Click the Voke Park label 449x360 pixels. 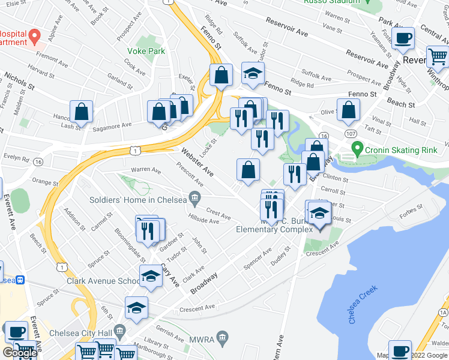click(x=146, y=52)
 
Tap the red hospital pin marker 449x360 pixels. click(x=35, y=36)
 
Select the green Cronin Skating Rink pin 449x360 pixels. click(x=357, y=147)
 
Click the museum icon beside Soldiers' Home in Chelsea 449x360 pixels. click(x=194, y=197)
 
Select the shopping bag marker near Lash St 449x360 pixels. click(x=81, y=112)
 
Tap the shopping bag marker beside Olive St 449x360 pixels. click(x=348, y=110)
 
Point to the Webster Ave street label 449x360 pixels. click(x=197, y=162)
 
